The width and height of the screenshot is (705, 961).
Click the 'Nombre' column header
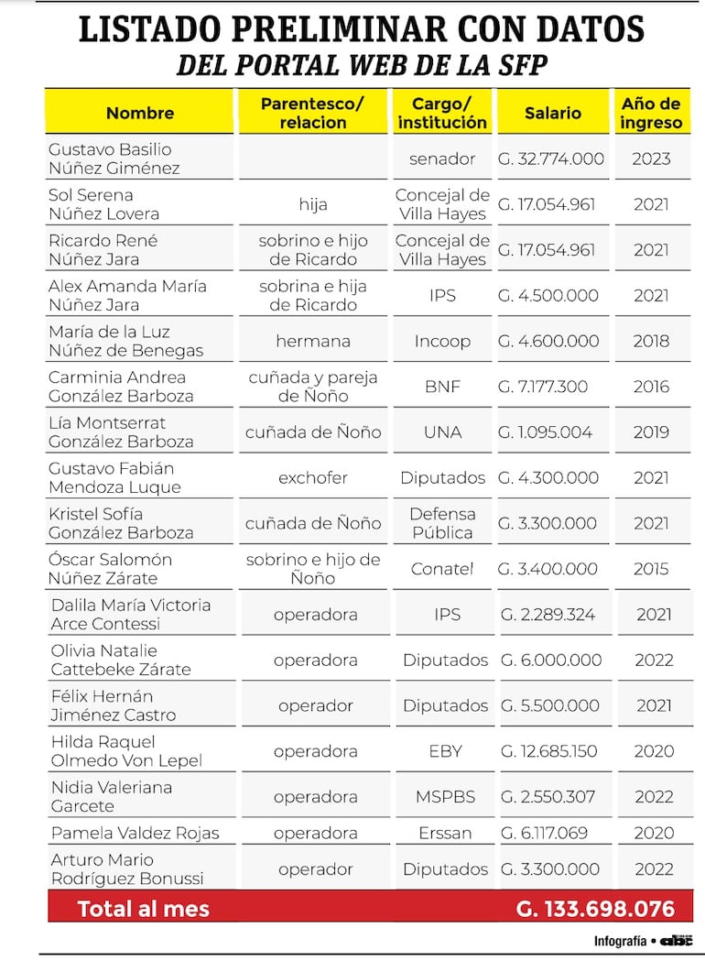(140, 113)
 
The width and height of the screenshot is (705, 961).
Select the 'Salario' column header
(552, 113)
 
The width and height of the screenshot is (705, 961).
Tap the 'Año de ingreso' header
(651, 113)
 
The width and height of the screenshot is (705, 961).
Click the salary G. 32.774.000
(551, 158)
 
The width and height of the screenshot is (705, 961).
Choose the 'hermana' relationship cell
(313, 341)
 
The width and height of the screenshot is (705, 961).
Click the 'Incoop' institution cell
(442, 341)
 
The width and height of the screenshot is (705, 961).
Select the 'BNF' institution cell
(442, 387)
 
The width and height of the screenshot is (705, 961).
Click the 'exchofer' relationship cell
(313, 477)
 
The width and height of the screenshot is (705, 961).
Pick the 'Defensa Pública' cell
(442, 523)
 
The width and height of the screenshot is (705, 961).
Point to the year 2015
(651, 569)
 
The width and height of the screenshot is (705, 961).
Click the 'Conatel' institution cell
(442, 569)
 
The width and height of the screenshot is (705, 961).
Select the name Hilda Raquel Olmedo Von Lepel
(126, 751)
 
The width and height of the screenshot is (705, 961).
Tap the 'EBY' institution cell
(445, 751)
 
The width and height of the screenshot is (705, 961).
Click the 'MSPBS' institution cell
(445, 797)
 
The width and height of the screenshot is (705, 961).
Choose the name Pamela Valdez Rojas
(136, 834)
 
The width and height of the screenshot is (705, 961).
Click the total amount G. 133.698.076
(595, 909)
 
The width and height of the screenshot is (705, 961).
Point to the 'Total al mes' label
(144, 909)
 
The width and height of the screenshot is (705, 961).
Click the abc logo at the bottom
(677, 940)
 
